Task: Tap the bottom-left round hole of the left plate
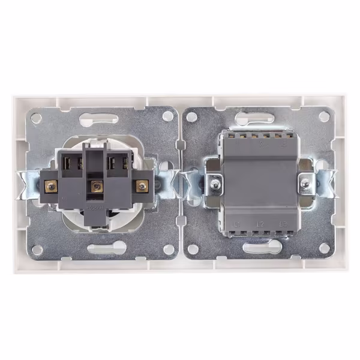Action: tap(36, 248)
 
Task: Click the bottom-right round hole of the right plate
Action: tap(324, 247)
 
